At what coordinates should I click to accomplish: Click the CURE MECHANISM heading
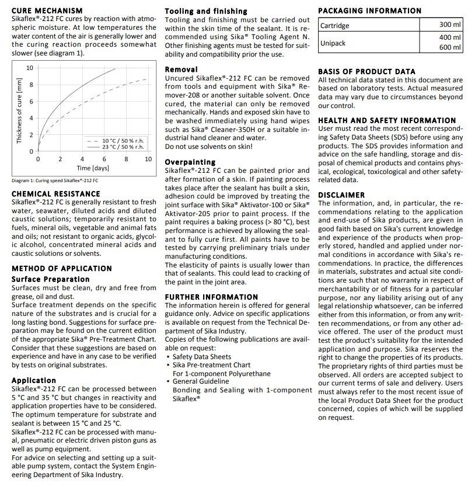tap(47, 11)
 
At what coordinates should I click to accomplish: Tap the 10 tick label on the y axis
tap(30, 68)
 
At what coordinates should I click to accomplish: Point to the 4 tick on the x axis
tap(82, 159)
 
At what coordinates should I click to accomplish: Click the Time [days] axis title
tap(93, 168)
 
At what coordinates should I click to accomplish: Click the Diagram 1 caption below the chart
tap(55, 180)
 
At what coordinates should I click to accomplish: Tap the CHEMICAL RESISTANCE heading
tap(56, 194)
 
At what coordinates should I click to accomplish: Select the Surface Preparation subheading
tap(51, 279)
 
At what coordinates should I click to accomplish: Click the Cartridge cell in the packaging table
tap(335, 26)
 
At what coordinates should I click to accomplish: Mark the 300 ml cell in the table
tap(450, 25)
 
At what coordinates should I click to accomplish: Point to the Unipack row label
tap(333, 43)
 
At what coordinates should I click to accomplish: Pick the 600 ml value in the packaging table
tap(450, 48)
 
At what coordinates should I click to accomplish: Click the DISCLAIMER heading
tap(341, 195)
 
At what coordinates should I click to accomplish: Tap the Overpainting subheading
tap(190, 162)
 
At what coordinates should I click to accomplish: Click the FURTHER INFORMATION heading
tap(211, 297)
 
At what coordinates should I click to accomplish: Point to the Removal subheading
tap(181, 69)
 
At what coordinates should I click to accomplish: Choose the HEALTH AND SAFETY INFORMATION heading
tap(387, 120)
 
